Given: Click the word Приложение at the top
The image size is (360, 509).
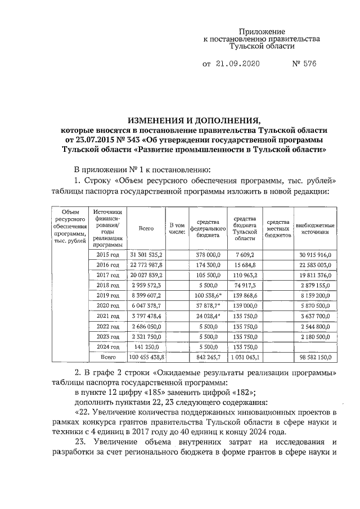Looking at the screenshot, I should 262,31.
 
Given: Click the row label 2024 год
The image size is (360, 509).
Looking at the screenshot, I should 107,346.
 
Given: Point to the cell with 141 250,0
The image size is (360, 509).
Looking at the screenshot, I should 146,346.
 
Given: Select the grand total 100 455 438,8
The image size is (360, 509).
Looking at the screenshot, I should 146,357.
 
